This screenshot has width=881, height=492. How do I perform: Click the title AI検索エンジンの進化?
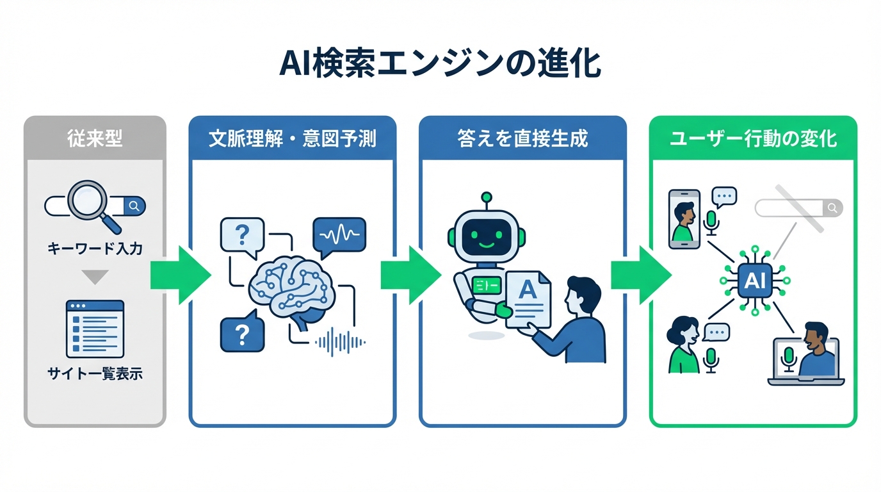[440, 65]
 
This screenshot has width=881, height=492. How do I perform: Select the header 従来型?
[95, 138]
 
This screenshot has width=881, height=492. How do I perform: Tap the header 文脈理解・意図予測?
[293, 138]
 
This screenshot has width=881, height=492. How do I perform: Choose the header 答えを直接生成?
[522, 138]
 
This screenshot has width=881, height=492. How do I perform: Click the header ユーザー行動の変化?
[753, 138]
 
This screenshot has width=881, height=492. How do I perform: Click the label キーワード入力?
[95, 249]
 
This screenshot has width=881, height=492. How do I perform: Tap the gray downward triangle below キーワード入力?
[95, 277]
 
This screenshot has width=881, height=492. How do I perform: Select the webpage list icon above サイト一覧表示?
[95, 329]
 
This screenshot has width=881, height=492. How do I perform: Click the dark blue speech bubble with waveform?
[339, 236]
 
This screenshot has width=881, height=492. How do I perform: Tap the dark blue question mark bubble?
[241, 334]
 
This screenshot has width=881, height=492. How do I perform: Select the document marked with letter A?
[528, 298]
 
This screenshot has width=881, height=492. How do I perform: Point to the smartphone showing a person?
[684, 218]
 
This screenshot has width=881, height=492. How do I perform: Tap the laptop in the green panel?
[805, 362]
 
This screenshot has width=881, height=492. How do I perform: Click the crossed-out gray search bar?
[798, 208]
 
